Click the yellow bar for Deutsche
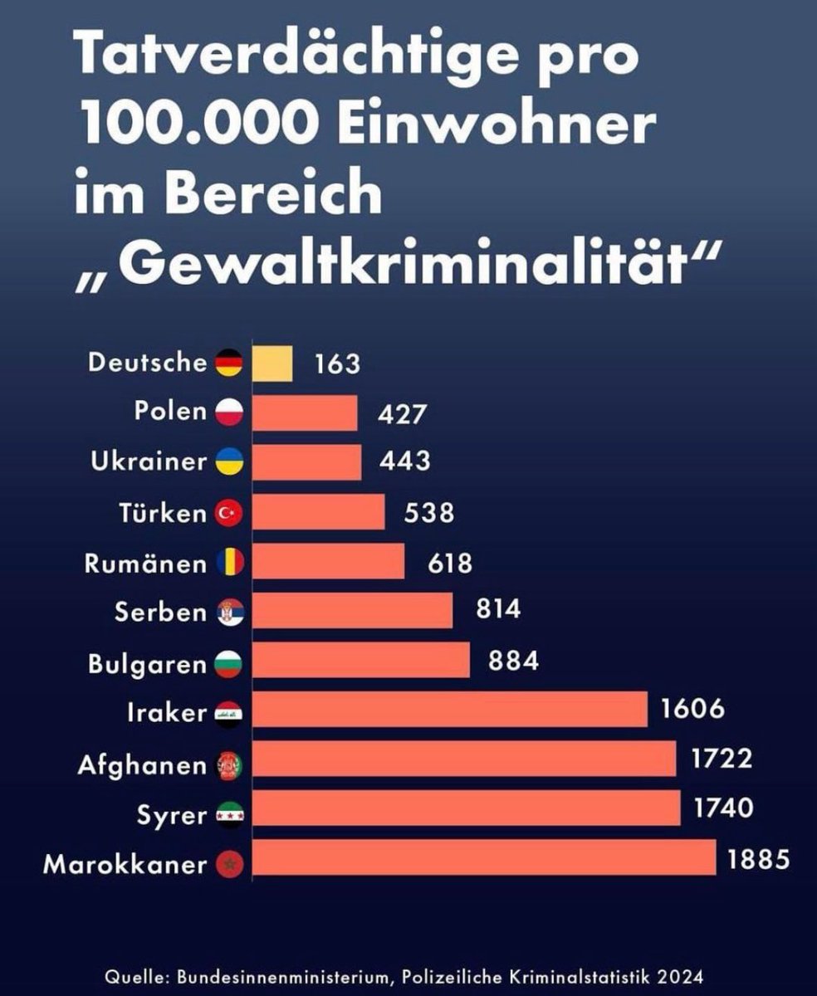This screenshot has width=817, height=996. pyautogui.click(x=272, y=364)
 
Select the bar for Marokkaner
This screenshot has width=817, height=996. pyautogui.click(x=483, y=857)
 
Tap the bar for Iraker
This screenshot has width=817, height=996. pyautogui.click(x=449, y=710)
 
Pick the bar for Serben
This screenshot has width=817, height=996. pyautogui.click(x=352, y=611)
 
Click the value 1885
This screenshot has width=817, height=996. pyautogui.click(x=757, y=857)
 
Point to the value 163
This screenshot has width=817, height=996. pyautogui.click(x=337, y=364)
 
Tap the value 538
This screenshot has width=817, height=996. pyautogui.click(x=428, y=512)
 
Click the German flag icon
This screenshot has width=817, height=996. pyautogui.click(x=229, y=364)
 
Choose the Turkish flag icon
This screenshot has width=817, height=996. pyautogui.click(x=229, y=514)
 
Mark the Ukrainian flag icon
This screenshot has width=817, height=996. pyautogui.click(x=229, y=462)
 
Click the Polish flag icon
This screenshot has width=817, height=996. pyautogui.click(x=229, y=413)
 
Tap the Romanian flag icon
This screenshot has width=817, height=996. pyautogui.click(x=229, y=564)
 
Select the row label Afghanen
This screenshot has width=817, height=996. pyautogui.click(x=141, y=764)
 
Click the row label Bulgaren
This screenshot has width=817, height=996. pyautogui.click(x=146, y=664)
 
